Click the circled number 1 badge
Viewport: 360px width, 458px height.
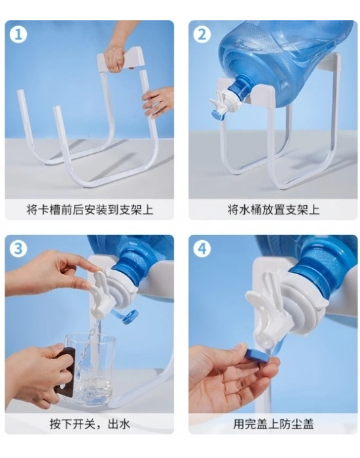click(x=18, y=35)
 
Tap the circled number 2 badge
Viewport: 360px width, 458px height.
click(x=202, y=35)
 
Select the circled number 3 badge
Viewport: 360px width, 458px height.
click(x=18, y=249)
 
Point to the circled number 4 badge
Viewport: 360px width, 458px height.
click(x=202, y=249)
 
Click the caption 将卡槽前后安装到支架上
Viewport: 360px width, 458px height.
click(x=90, y=209)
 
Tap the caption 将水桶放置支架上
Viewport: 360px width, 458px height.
click(x=273, y=209)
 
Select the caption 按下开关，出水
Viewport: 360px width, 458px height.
click(x=90, y=424)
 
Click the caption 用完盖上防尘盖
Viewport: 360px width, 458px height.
click(x=273, y=424)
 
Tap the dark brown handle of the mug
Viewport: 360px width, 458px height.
click(x=66, y=371)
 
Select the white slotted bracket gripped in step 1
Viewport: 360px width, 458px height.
click(x=120, y=60)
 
